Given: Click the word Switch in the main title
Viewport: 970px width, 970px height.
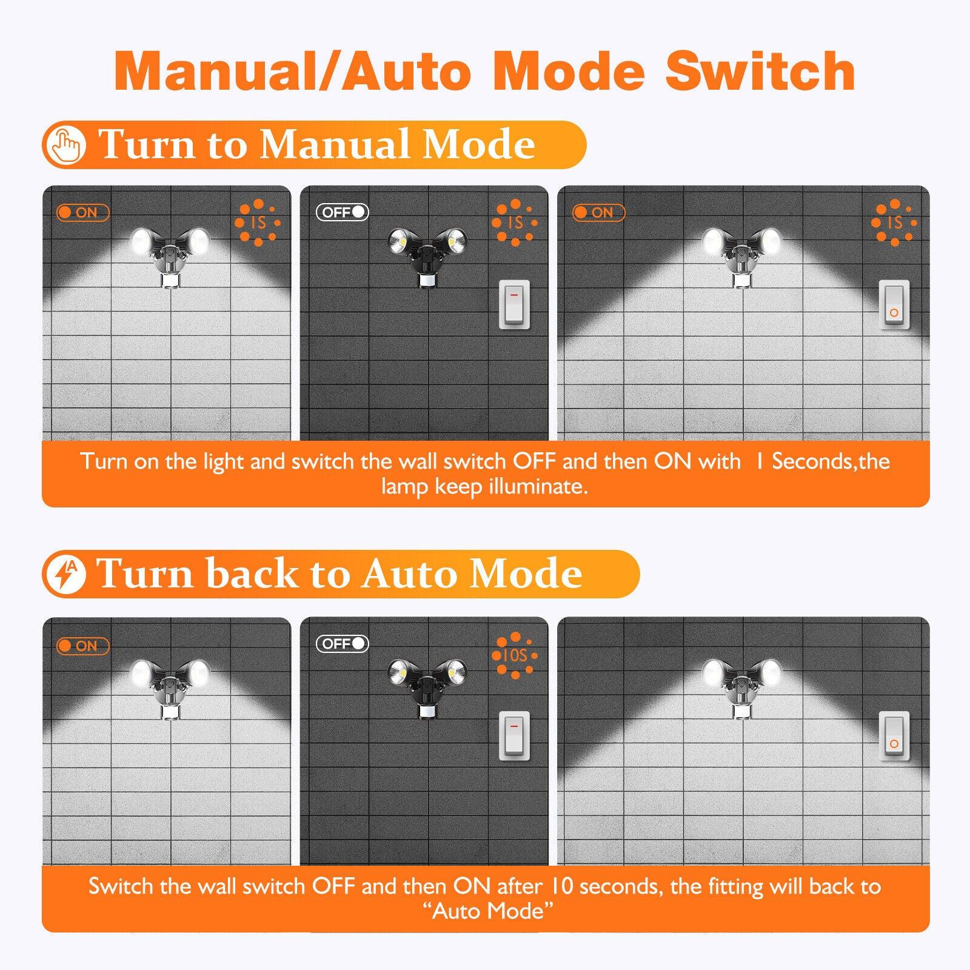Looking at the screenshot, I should (760, 72).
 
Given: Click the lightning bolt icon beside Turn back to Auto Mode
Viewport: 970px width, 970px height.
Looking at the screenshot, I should (65, 574).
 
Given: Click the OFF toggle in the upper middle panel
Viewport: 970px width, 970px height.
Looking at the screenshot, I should (343, 212).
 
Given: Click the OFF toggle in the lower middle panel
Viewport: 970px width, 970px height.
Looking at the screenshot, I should (343, 644).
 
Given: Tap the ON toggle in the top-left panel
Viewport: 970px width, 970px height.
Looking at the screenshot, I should (82, 213).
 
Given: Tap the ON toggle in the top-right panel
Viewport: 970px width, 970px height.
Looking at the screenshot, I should (598, 213).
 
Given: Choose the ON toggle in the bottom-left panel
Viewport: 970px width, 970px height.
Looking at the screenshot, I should (82, 646).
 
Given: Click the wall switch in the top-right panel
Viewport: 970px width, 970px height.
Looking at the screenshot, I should (894, 305).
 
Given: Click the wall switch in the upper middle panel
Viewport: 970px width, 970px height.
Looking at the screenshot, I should (514, 305).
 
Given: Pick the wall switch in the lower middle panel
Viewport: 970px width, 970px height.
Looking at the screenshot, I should (514, 736).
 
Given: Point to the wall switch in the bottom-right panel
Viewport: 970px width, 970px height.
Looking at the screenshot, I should (894, 736).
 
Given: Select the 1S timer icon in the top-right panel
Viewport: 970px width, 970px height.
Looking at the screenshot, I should (894, 222).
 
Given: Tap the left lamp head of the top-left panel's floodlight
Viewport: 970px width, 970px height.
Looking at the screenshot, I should (143, 241).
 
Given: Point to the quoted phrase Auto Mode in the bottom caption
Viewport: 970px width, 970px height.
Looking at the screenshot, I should (488, 911).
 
